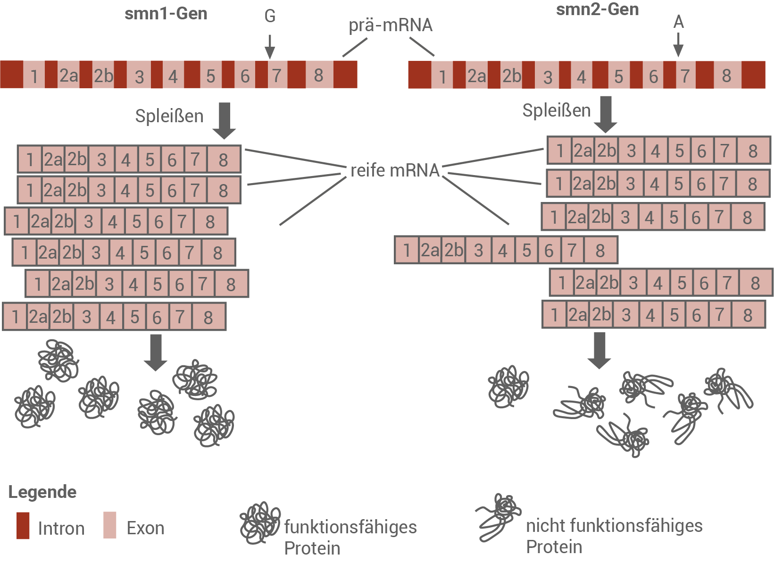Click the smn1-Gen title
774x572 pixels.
point(166,14)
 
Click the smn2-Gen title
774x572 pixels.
point(597,9)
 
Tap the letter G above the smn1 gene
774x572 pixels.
point(270,16)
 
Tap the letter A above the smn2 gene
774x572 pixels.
point(678,22)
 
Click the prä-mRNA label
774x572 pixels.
point(391,25)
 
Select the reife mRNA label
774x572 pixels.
point(395,170)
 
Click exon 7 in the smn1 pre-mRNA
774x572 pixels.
point(277,75)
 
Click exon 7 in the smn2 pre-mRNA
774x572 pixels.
point(685,76)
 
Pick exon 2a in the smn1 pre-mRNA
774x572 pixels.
point(68,75)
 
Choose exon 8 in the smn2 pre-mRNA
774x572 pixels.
point(726,76)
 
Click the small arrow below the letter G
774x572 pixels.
point(270,47)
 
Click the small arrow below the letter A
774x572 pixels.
point(678,45)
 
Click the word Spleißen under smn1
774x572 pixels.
point(169,116)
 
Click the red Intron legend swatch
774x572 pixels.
point(23,525)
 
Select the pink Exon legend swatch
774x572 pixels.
point(110,525)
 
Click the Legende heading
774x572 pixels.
point(42,492)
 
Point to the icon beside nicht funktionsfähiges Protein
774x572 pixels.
point(499,517)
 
